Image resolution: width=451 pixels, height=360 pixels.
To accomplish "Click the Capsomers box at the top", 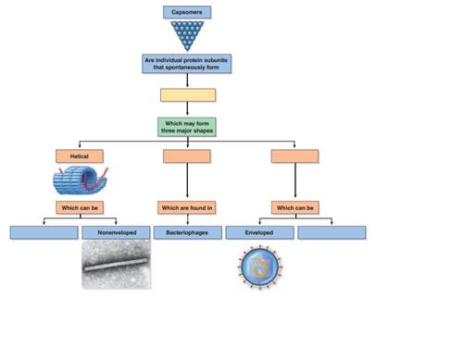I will tap(187, 12).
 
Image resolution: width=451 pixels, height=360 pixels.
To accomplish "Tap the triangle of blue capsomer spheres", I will tap(188, 35).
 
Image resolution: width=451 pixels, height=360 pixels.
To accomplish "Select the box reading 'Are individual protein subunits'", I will tap(187, 64).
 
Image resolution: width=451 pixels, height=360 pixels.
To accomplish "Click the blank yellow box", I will tap(188, 95).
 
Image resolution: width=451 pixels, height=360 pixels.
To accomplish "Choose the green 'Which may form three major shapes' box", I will tap(188, 127).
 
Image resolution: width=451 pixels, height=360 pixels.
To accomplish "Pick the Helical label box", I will tap(80, 156).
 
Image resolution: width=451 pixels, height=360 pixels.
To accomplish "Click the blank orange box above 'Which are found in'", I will tap(187, 156).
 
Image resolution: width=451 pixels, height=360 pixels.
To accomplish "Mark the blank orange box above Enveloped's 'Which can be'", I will tap(294, 156).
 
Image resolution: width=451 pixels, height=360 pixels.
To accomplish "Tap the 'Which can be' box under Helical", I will tap(80, 208).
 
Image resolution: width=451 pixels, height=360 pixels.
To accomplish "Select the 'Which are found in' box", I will tap(187, 208).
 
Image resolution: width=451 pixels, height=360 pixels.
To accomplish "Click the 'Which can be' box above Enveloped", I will tap(294, 208).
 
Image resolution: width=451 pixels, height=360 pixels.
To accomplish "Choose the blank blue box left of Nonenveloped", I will tap(44, 232).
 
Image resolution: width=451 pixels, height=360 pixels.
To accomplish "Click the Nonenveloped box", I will tap(116, 232).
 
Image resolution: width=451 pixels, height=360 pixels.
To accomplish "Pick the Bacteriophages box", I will tap(187, 232).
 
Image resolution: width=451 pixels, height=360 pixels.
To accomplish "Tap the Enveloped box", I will tap(258, 232).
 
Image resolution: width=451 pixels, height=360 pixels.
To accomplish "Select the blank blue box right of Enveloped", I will tap(332, 232).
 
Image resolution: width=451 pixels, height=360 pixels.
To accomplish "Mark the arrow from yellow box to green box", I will tap(188, 109).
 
